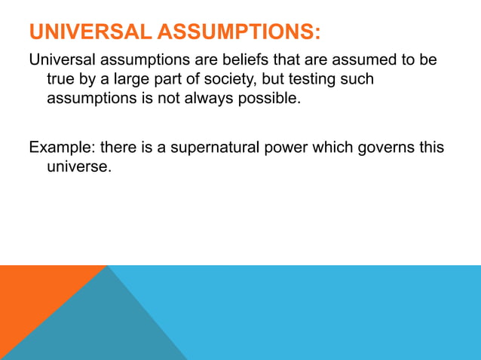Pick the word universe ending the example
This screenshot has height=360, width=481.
(x=79, y=166)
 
